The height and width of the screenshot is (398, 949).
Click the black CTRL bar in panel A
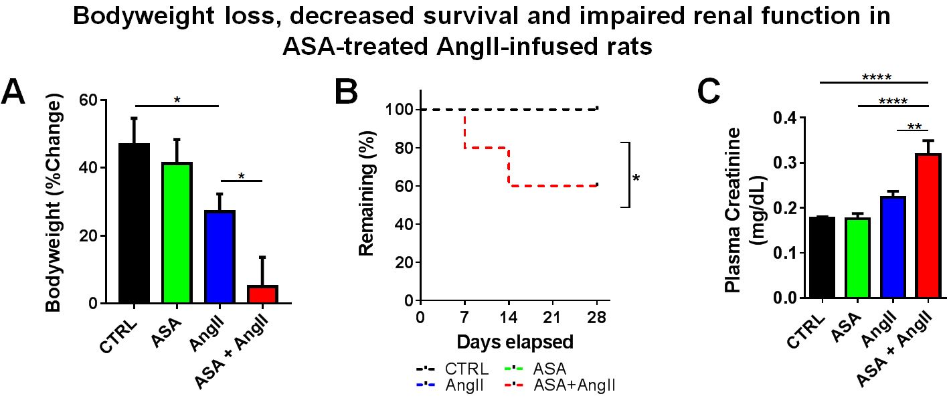coord(134,224)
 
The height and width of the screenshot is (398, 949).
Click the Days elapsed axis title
coord(515,342)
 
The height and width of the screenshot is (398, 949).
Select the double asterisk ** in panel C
coord(914,126)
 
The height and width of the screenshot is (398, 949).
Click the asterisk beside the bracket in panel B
coord(636,179)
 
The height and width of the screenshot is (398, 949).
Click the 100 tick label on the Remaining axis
coord(397,109)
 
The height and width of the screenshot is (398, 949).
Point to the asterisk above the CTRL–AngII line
coord(177,100)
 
